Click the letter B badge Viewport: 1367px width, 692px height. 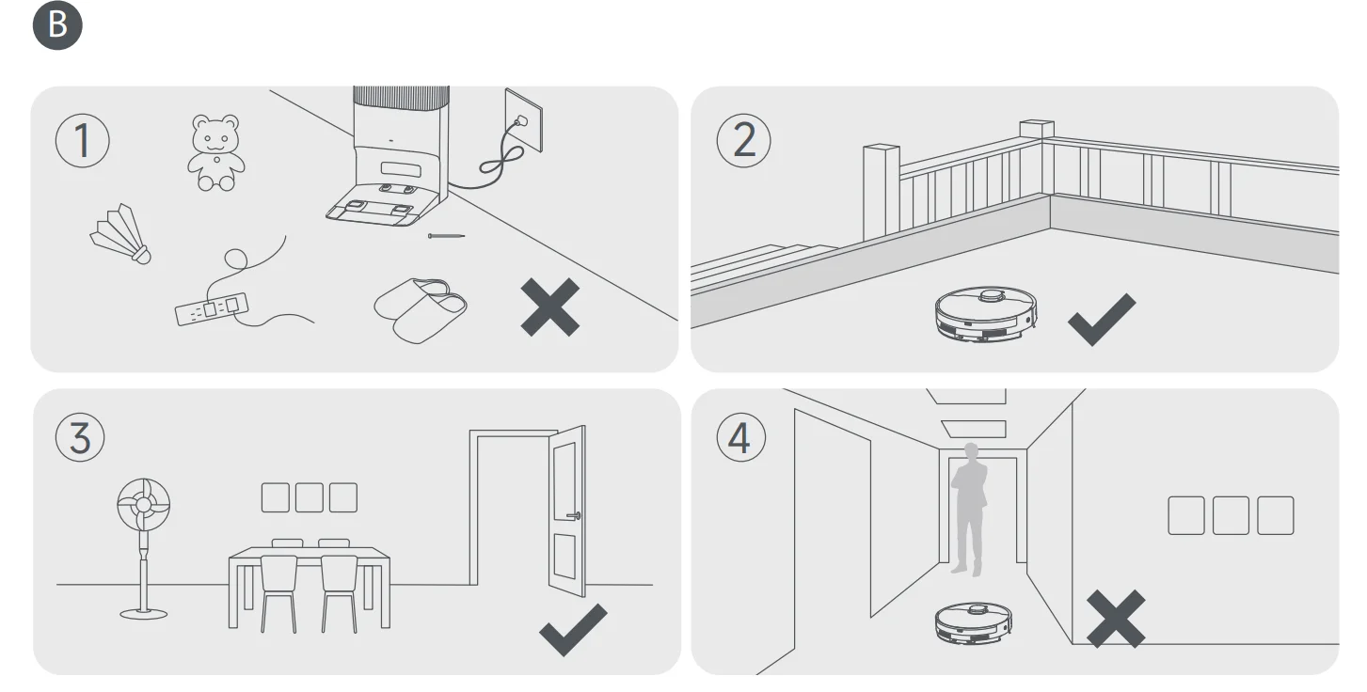pos(58,25)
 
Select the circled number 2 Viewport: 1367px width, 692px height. pos(743,140)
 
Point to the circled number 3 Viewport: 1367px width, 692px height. pos(81,438)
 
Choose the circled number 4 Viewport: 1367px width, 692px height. pos(740,438)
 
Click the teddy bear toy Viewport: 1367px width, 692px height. pos(215,152)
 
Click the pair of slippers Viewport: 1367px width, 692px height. pos(421,309)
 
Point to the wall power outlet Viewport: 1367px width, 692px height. pos(523,119)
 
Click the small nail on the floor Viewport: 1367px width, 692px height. pos(446,235)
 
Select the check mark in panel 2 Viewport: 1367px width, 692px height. pos(1101,318)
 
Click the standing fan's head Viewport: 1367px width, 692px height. pos(144,506)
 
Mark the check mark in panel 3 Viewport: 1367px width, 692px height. pos(572,629)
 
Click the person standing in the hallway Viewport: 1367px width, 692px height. pos(968,508)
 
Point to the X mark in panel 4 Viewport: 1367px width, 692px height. pos(1116,618)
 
